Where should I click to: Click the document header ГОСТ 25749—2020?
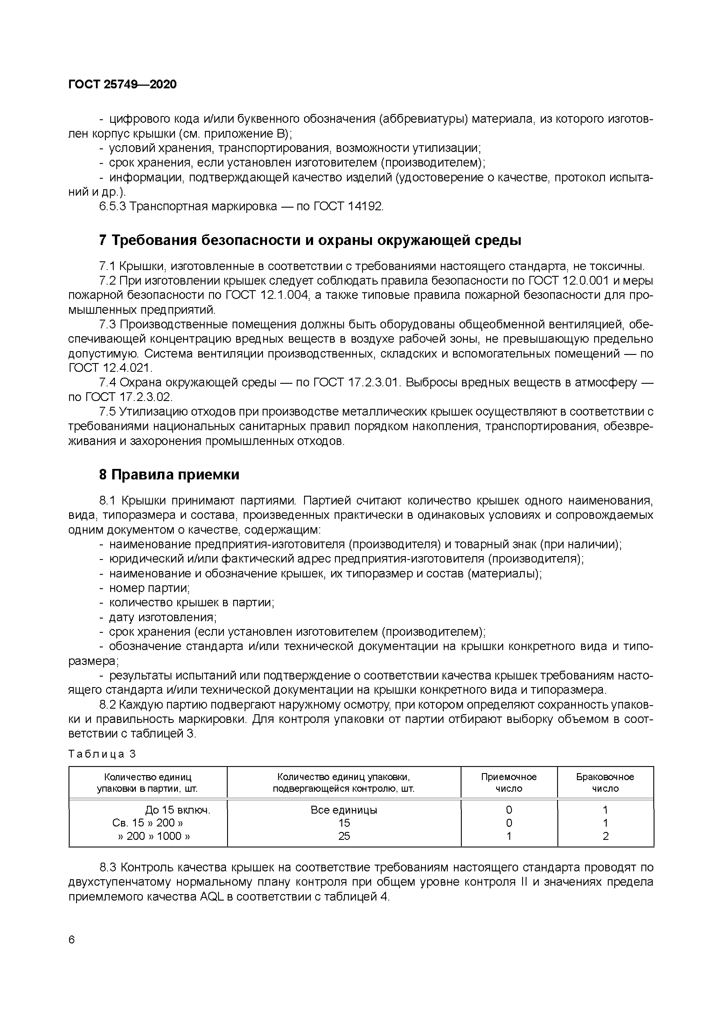coord(122,84)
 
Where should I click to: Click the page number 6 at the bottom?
coord(72,940)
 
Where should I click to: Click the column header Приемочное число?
coord(509,783)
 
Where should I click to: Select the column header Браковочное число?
coord(605,783)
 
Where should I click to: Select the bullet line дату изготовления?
coord(163,617)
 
